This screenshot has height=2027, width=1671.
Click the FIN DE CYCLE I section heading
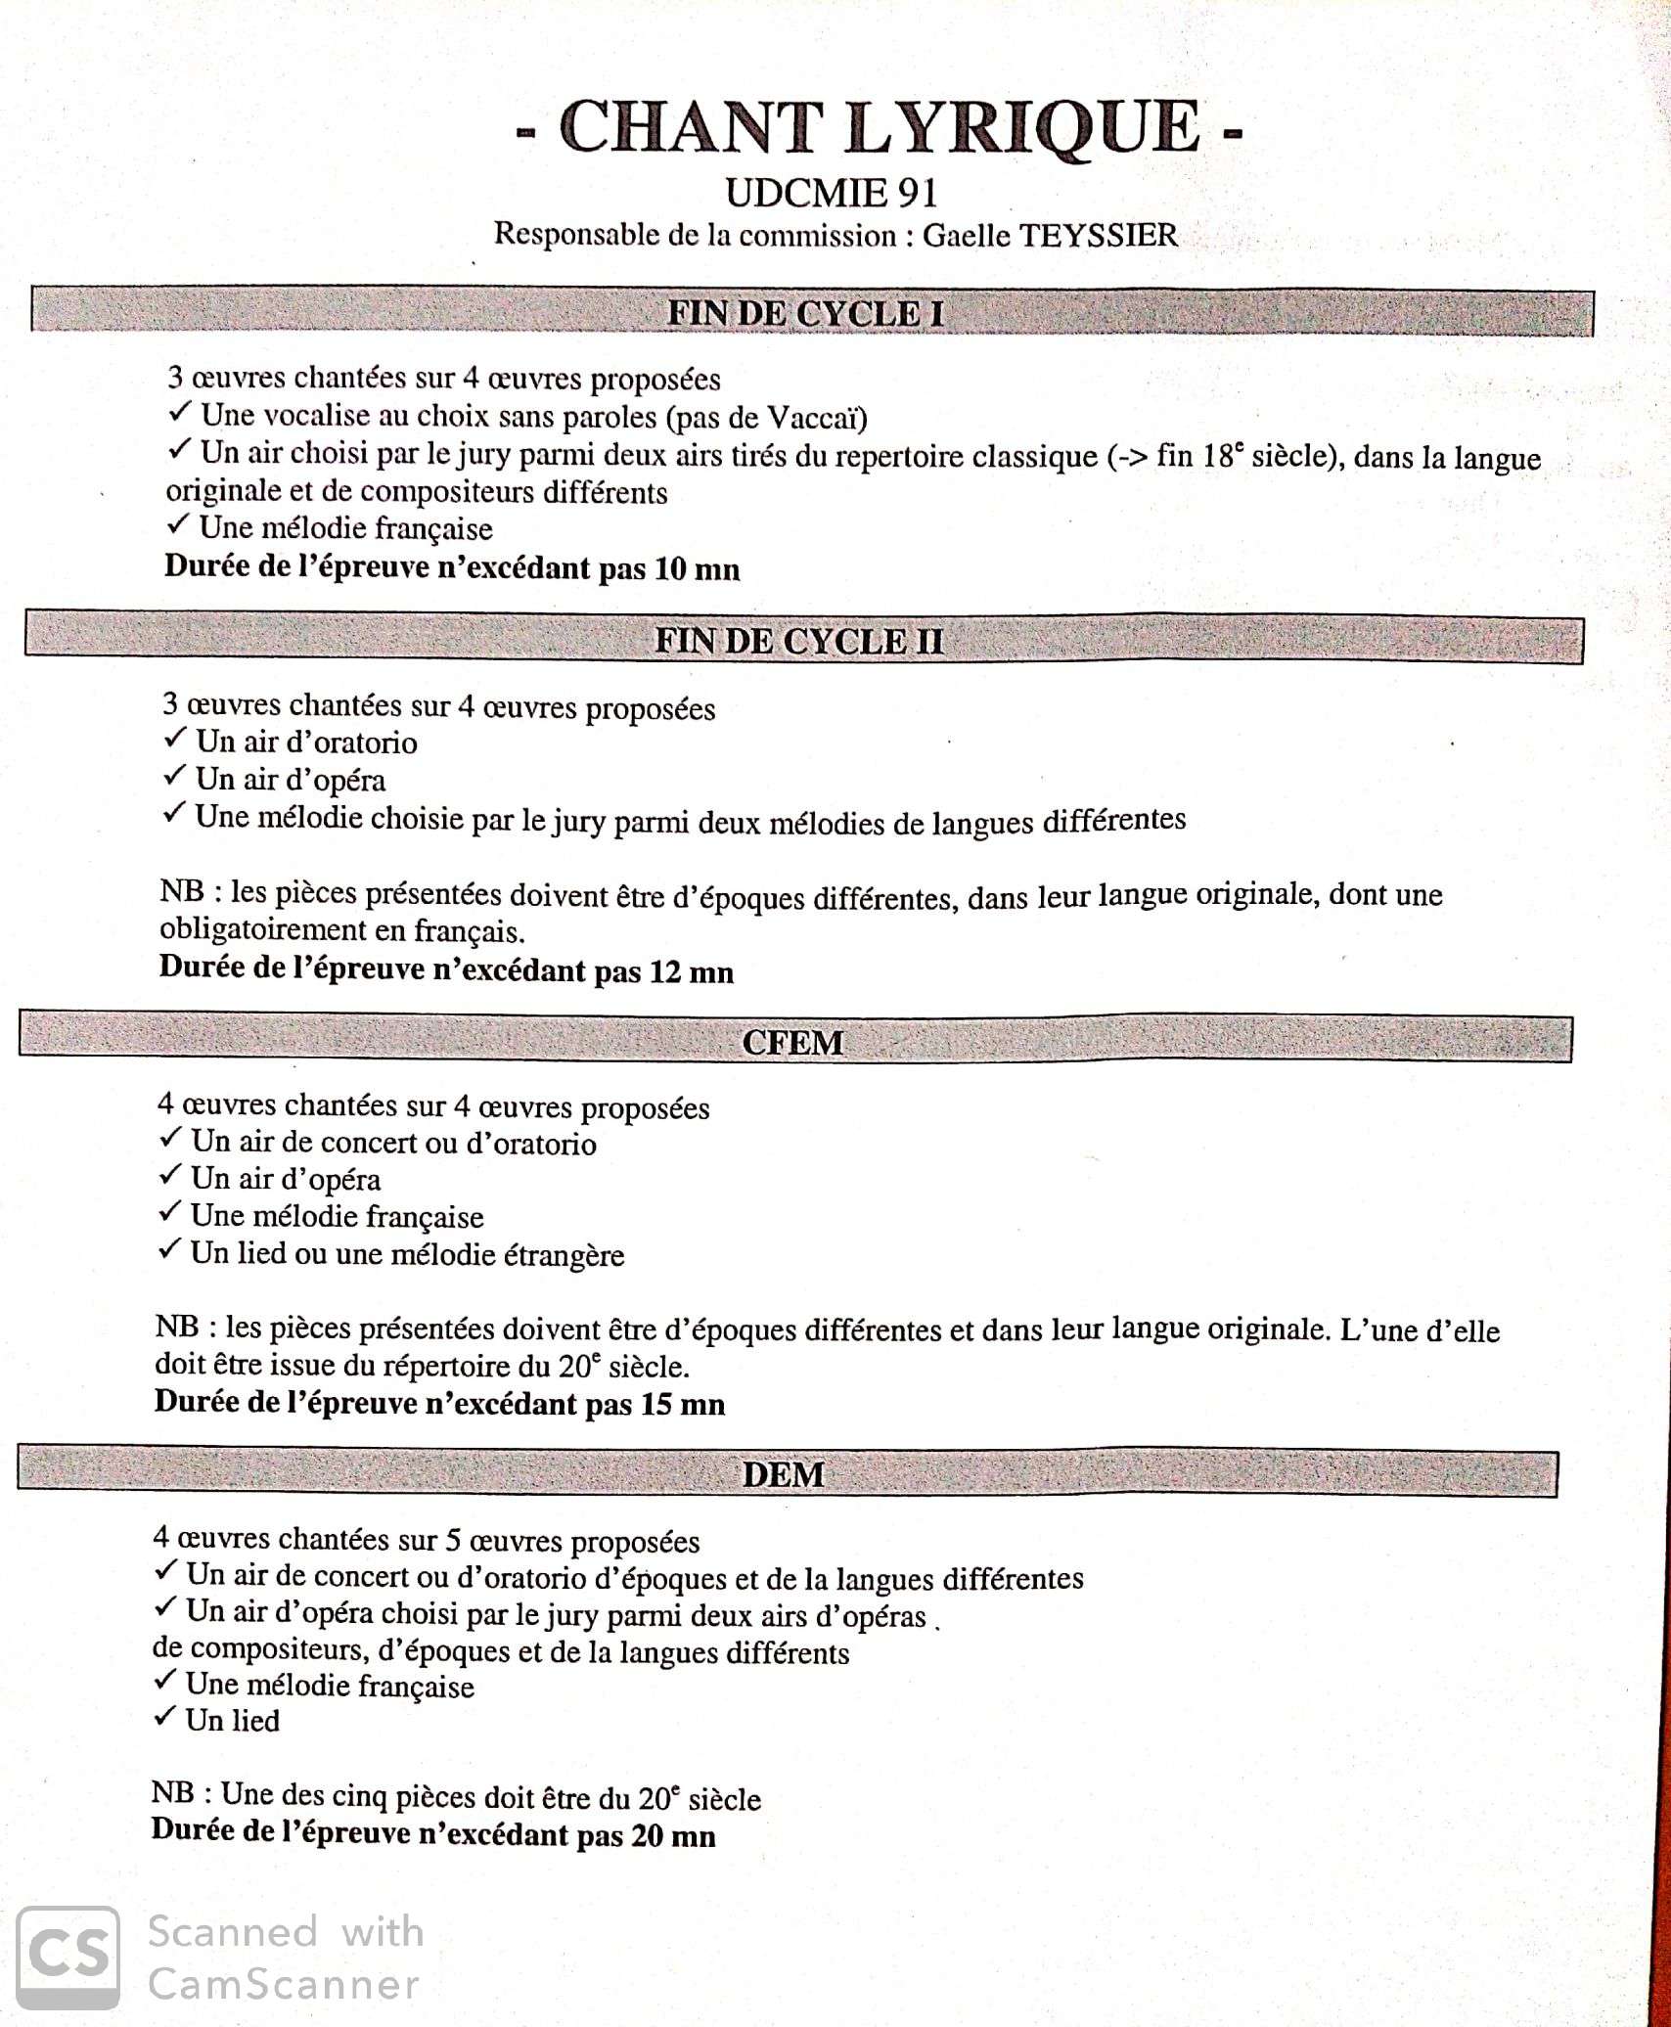(805, 314)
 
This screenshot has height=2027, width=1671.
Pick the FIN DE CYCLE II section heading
(799, 642)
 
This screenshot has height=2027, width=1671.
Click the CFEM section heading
(792, 1043)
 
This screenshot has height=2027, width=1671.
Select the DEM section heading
(784, 1475)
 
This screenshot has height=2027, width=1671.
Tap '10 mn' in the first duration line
(697, 569)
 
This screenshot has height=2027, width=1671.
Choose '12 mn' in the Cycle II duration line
(691, 971)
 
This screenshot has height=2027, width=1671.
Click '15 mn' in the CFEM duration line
(683, 1405)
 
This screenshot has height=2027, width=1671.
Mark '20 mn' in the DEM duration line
(673, 1836)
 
